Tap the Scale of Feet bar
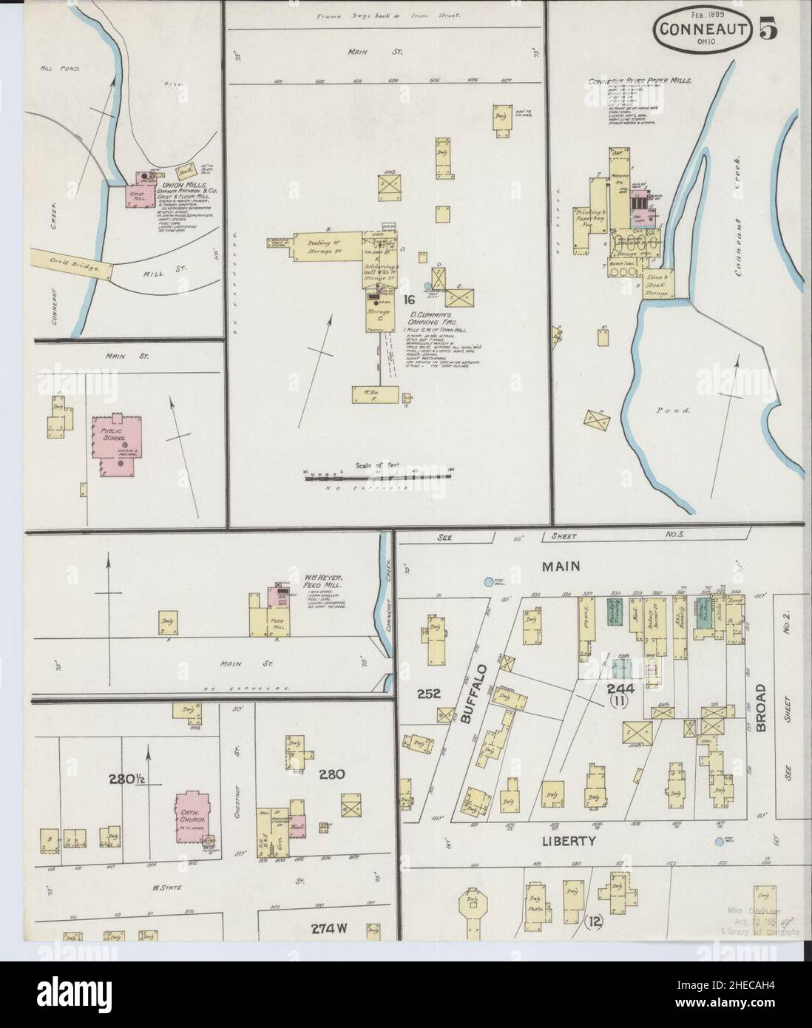point(376,477)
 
